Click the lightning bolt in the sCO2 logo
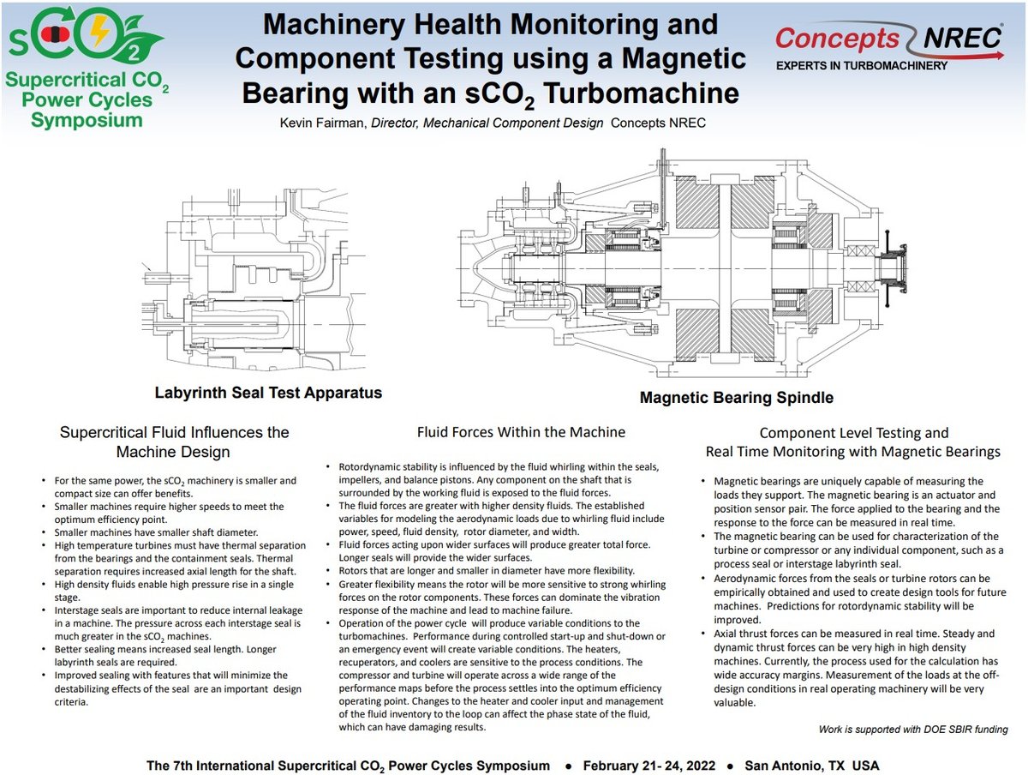(100, 33)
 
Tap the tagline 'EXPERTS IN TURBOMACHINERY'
(861, 66)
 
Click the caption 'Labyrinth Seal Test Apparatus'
(268, 394)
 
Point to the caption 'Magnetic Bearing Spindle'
(736, 398)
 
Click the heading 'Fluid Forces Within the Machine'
(521, 432)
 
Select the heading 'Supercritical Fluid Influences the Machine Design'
(174, 442)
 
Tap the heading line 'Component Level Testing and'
(853, 433)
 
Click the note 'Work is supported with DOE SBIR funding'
(913, 730)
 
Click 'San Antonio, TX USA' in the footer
(811, 765)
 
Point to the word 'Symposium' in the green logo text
(87, 120)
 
